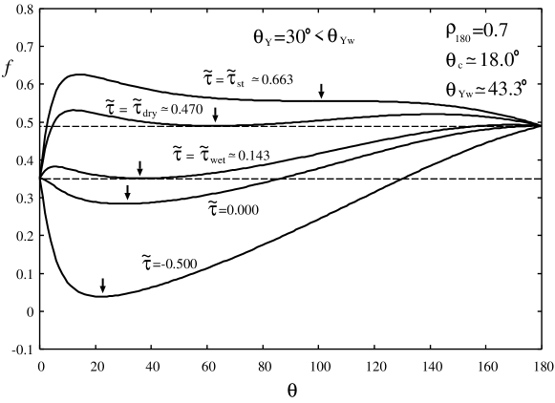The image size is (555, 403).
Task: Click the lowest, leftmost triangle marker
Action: point(103,289)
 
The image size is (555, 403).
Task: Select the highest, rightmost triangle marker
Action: point(321,95)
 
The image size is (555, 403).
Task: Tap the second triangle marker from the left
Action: point(127,197)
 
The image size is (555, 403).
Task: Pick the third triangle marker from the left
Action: point(139,172)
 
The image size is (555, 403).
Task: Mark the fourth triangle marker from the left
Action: point(215,119)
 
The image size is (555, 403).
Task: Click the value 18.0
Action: point(496,60)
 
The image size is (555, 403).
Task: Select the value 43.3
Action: point(503,90)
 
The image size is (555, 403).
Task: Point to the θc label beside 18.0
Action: point(454,61)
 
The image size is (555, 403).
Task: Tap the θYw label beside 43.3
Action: point(459,91)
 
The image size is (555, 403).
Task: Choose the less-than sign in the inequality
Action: point(318,37)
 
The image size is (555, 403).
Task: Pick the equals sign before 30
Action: point(279,37)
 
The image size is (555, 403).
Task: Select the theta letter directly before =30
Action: point(258,37)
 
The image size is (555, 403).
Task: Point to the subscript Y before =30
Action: point(268,42)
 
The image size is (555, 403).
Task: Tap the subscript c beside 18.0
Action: point(459,65)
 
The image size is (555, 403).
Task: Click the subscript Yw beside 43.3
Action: point(465,95)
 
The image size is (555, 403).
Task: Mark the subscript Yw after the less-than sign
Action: point(347,41)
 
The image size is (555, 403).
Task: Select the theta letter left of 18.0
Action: point(450,60)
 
